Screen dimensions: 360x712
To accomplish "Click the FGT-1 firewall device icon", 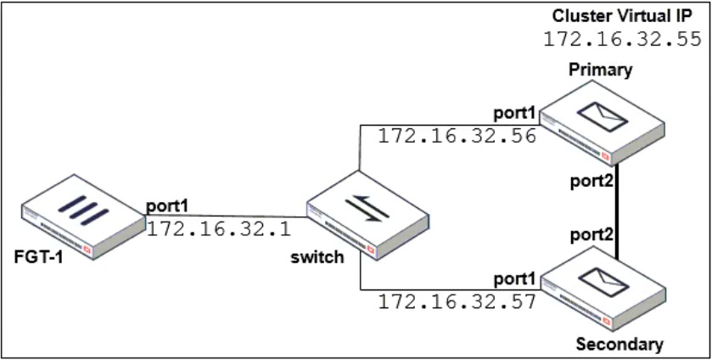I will tap(82, 217).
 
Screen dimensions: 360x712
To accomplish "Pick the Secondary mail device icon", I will tap(605, 293).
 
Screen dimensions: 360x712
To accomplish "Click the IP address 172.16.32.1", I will tap(219, 228).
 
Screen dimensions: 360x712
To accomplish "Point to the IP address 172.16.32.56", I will tap(457, 136).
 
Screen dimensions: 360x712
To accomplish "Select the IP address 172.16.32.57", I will tap(457, 301).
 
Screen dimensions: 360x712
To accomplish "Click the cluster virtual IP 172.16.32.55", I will tap(622, 39).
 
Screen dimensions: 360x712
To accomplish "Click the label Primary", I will tap(602, 70).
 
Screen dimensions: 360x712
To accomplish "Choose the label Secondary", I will tap(619, 345).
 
